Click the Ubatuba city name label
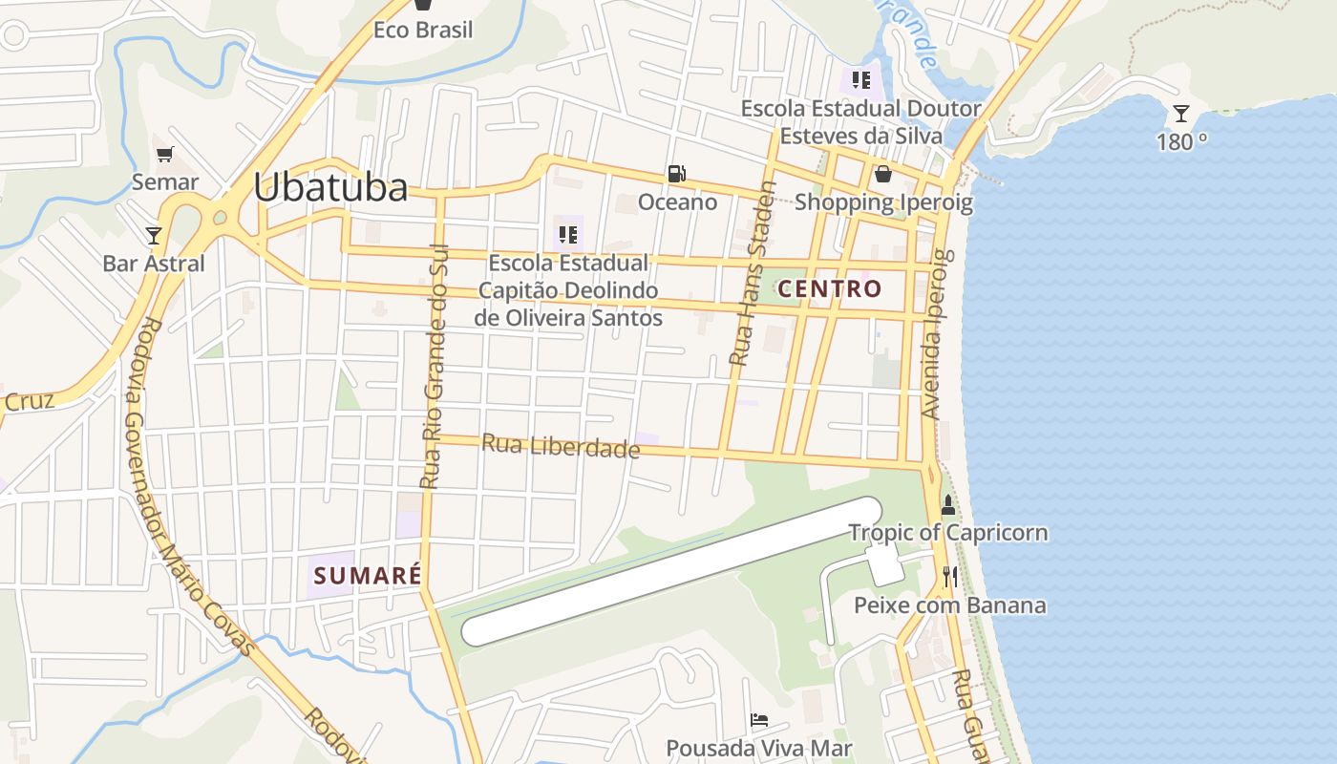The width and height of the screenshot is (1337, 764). point(330,187)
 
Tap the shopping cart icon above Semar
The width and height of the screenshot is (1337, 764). point(165,154)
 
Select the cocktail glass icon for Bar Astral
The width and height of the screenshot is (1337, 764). point(154,235)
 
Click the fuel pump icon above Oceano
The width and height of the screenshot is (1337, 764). point(676,174)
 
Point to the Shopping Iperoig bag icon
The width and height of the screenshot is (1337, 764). point(883,174)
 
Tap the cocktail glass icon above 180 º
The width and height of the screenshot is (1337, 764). point(1181,114)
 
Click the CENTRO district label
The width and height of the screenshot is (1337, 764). point(829,288)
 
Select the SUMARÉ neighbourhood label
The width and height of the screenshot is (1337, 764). point(368,576)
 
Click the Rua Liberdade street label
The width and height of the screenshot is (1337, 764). point(561,446)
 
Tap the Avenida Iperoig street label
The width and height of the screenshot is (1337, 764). point(934,334)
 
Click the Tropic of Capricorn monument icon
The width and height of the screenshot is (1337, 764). point(948,505)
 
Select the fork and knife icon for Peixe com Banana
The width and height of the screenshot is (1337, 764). point(949,576)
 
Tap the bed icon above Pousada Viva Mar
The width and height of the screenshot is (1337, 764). point(759,720)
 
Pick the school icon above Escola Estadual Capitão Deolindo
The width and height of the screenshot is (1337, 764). point(568,234)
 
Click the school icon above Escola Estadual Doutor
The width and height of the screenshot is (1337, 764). point(861,80)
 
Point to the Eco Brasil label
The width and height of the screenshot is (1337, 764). point(423,31)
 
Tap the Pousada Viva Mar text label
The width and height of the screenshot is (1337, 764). point(759,748)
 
